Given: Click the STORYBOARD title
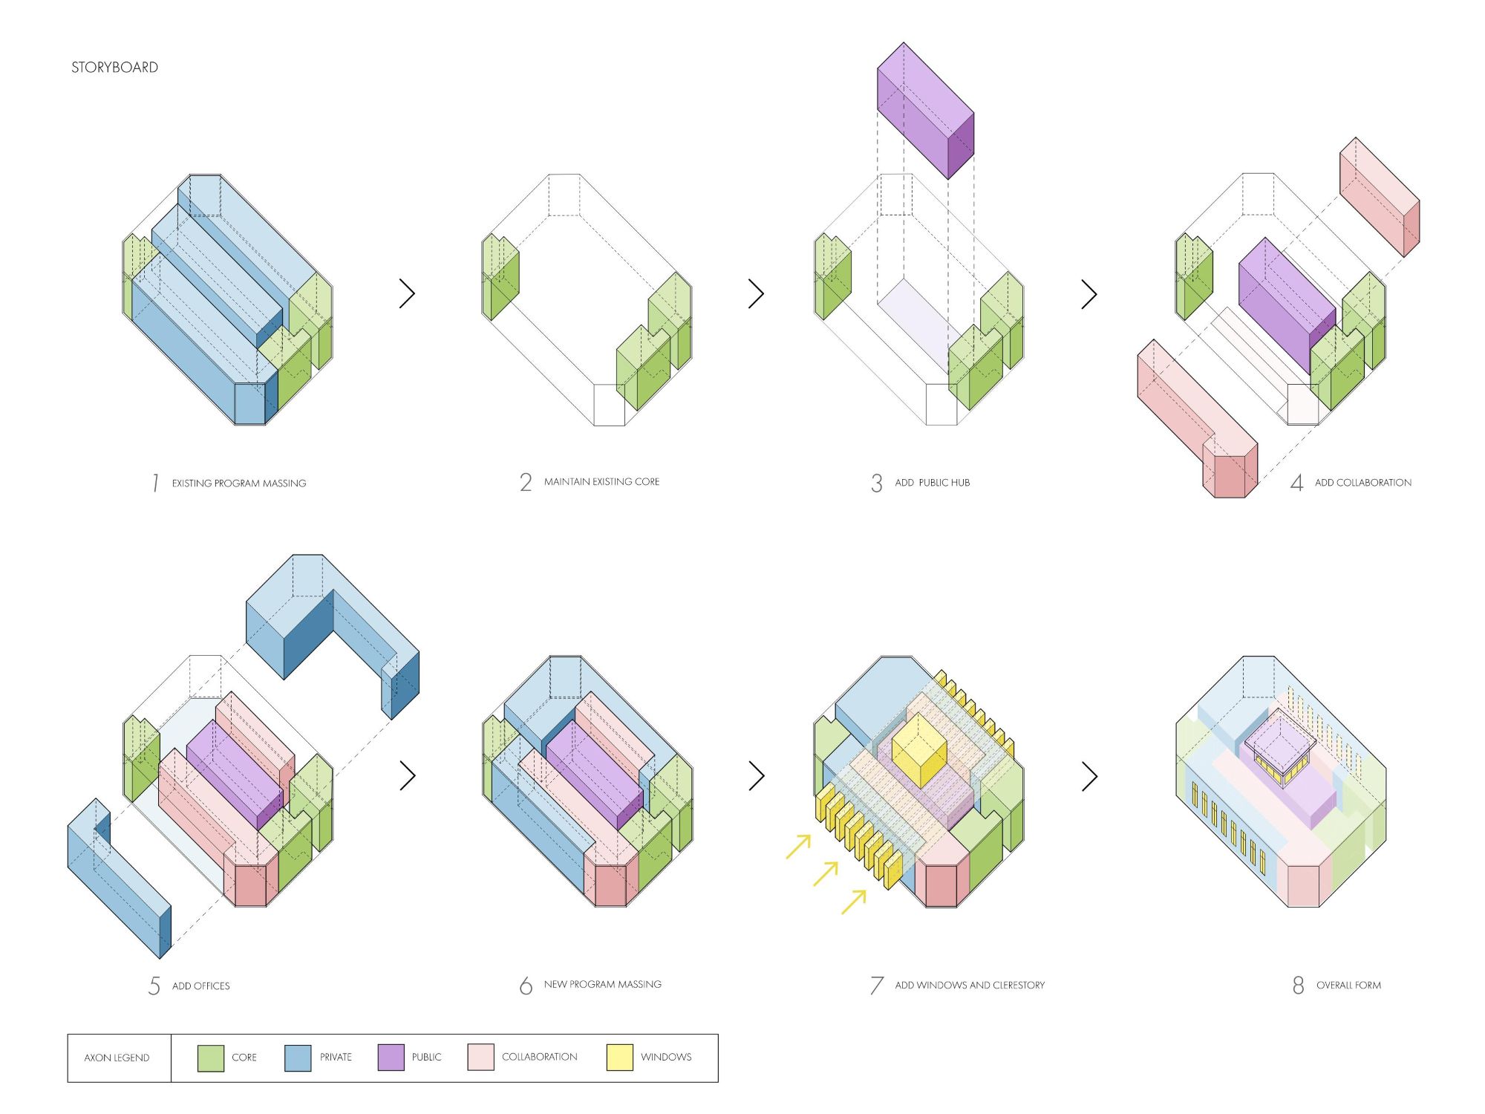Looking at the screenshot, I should tap(114, 68).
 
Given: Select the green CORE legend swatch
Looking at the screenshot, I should tap(211, 1058).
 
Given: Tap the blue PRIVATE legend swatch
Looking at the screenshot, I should tap(298, 1058).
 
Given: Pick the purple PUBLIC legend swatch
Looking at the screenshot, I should tap(391, 1058).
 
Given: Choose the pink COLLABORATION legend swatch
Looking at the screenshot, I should tap(480, 1058).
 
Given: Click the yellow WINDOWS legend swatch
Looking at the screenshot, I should tap(619, 1058).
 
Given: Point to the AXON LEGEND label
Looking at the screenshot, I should tap(117, 1058).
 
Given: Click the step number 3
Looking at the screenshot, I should tap(877, 483).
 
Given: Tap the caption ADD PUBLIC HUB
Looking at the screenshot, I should tap(932, 483).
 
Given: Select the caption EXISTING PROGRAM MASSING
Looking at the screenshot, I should tap(239, 483).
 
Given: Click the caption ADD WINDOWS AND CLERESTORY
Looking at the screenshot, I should tap(970, 986).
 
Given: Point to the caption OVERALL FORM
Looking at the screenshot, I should tap(1348, 986).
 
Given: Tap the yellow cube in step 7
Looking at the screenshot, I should tap(919, 750).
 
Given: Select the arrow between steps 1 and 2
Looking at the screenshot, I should tap(407, 293).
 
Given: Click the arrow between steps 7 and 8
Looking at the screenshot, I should tap(1089, 776).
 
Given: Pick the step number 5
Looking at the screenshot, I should tap(154, 986).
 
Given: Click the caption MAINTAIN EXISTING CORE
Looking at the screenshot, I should tap(601, 482).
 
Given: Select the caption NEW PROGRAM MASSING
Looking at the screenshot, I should tap(602, 985).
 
